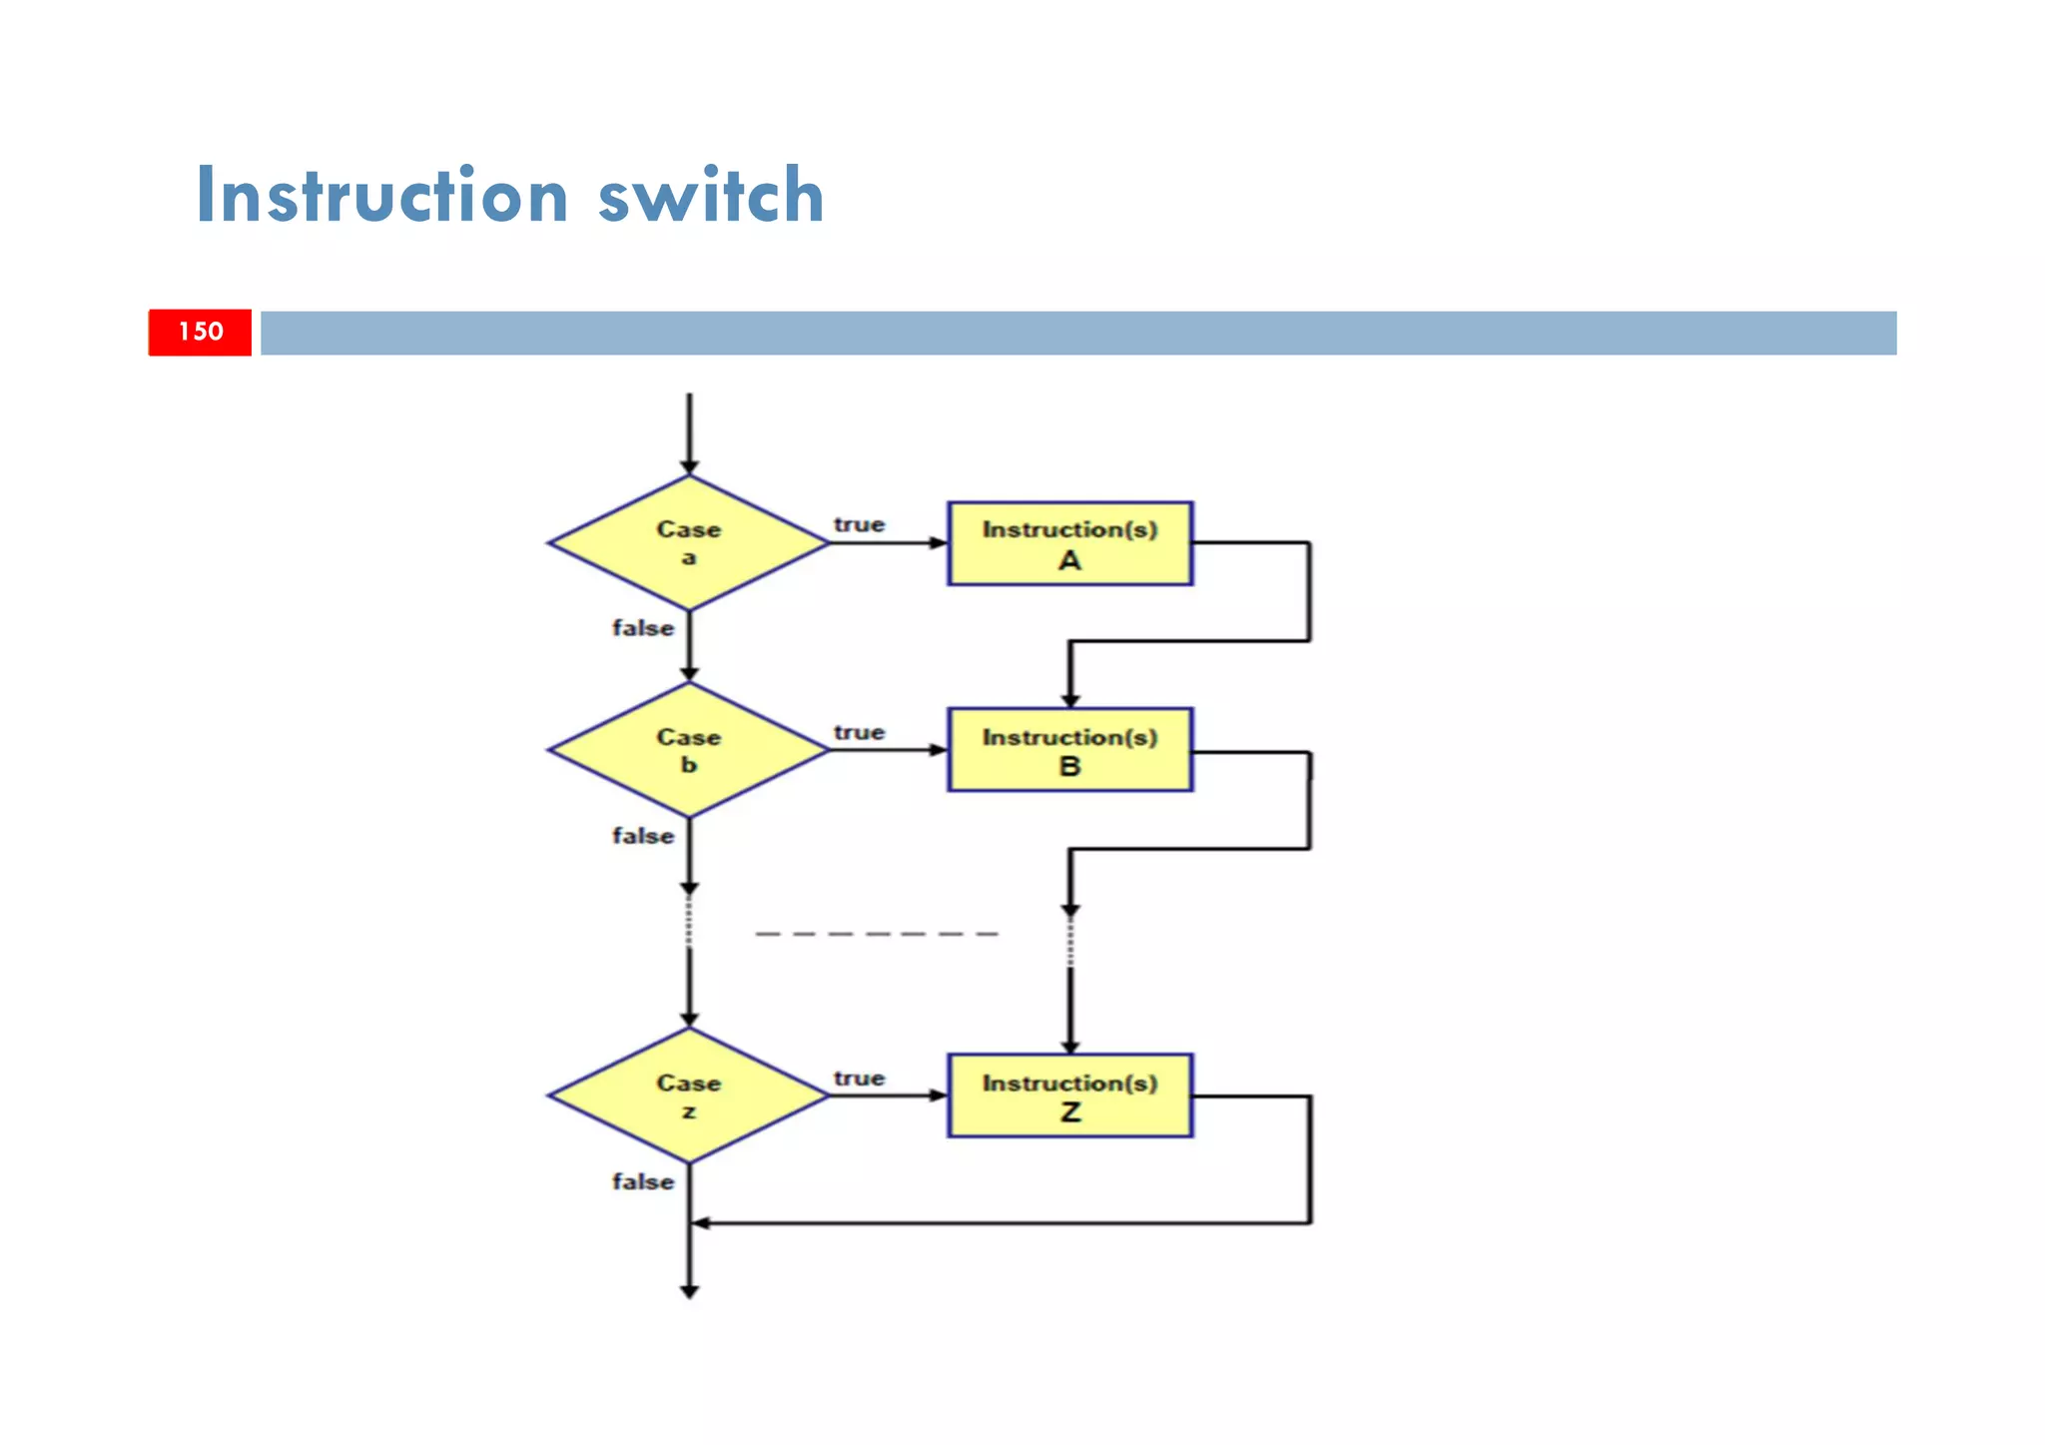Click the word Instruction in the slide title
point(382,195)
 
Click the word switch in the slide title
point(711,195)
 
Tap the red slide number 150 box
point(200,332)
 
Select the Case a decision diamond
point(689,543)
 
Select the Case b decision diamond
point(689,750)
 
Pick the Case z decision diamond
point(689,1095)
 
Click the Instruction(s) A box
point(1069,543)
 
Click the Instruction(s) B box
point(1069,750)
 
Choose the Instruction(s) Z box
point(1069,1095)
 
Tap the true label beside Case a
point(859,524)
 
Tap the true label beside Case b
point(859,732)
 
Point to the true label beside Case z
point(859,1078)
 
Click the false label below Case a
point(643,628)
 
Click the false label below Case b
point(643,836)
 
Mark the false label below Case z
point(643,1181)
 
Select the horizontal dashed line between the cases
point(877,934)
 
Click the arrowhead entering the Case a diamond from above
point(689,466)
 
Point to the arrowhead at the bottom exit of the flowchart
point(689,1291)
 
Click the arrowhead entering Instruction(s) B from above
point(1070,700)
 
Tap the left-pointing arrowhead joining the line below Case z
point(701,1222)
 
